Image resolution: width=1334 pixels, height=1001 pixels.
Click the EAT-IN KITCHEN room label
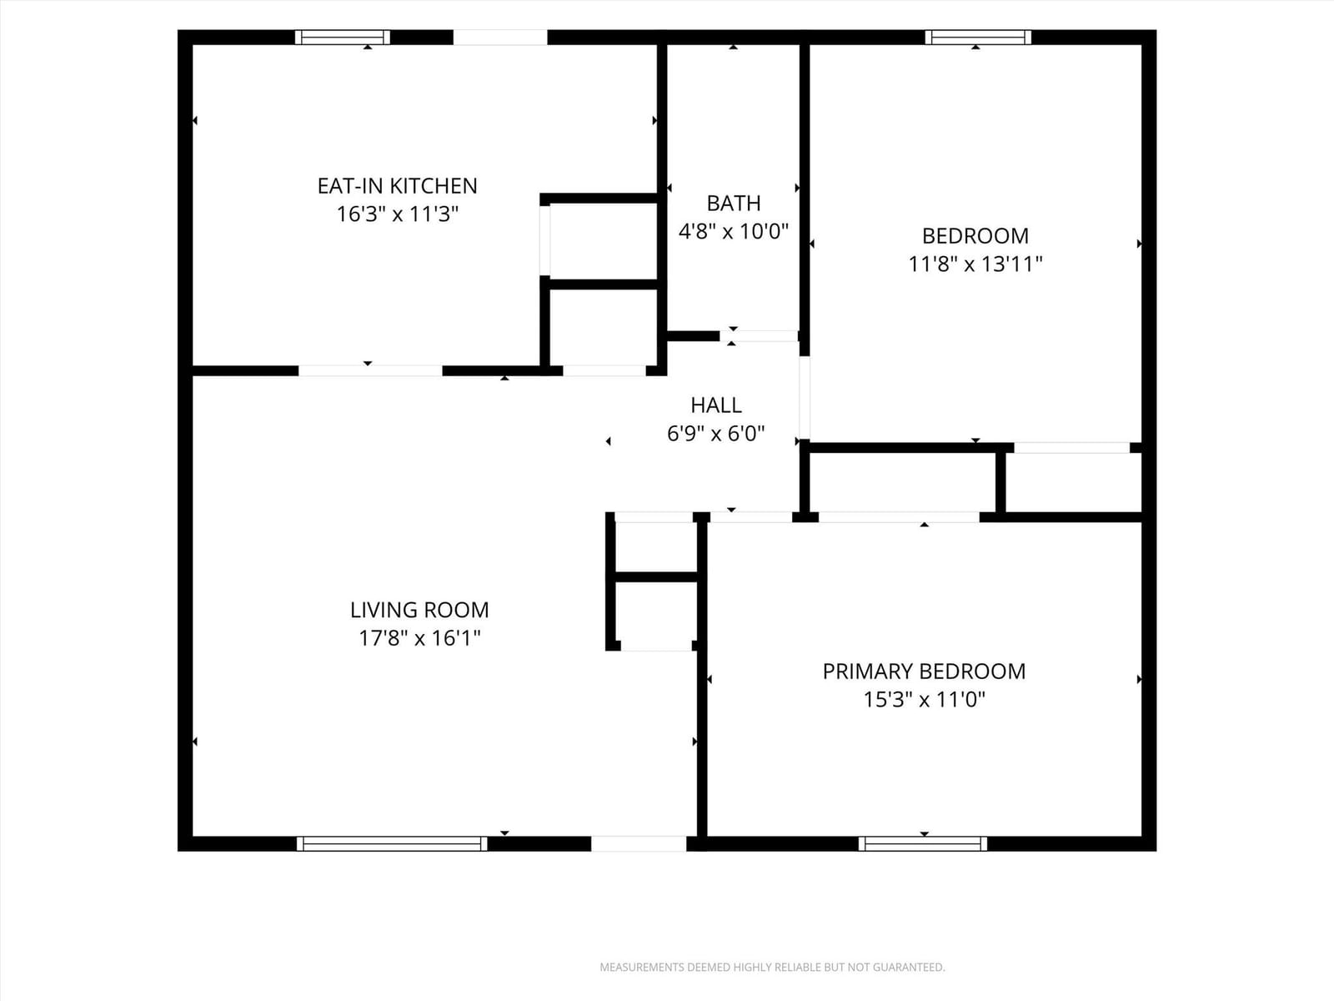(398, 186)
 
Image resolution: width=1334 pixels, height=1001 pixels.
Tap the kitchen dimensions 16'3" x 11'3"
(398, 214)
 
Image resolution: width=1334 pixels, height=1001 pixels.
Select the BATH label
(734, 203)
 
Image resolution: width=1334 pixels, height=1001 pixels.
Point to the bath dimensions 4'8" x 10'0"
(734, 231)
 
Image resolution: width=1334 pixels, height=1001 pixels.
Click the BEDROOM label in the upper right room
(975, 236)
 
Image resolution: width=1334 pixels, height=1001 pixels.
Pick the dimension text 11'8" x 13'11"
(975, 264)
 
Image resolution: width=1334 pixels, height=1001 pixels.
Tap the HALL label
(716, 405)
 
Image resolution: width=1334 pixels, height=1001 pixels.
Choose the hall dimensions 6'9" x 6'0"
(716, 433)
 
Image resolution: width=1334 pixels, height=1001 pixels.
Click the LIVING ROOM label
(419, 610)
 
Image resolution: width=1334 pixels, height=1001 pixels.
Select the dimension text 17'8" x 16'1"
(419, 638)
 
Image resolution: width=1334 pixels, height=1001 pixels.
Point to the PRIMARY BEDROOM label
(925, 671)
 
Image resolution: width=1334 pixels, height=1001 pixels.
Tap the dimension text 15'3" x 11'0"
(925, 700)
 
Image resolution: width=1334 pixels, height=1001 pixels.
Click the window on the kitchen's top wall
(343, 37)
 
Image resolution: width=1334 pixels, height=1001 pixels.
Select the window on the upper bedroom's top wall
(978, 37)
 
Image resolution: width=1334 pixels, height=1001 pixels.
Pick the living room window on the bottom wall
(392, 843)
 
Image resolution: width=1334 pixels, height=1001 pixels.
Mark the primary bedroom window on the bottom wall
(923, 843)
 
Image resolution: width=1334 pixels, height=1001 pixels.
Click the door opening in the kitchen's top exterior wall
(500, 37)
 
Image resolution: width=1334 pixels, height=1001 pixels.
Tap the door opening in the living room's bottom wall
(639, 843)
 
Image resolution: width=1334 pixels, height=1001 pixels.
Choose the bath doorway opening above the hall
(759, 336)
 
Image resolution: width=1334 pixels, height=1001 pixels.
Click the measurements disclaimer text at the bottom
(772, 967)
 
